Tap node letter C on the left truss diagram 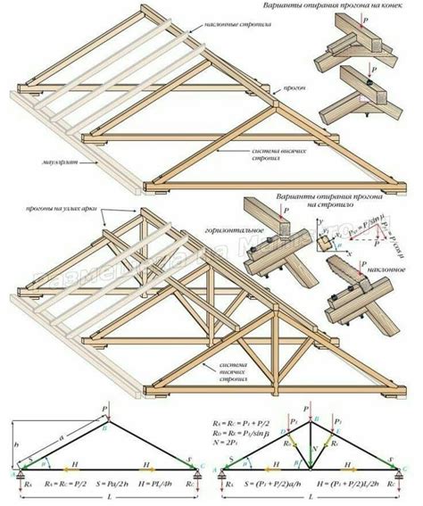pos(202,464)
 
